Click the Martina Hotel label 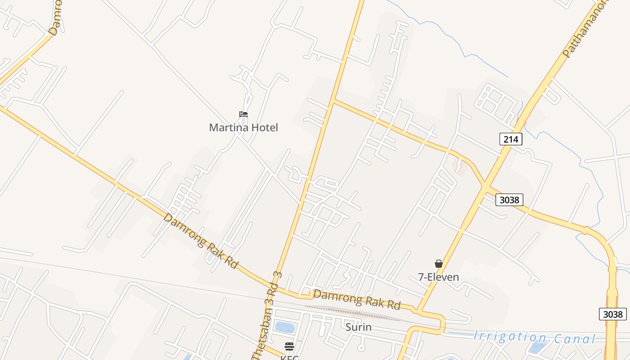tap(243, 127)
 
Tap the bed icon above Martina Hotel tap(243, 114)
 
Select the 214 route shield tap(511, 139)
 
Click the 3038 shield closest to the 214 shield tap(509, 200)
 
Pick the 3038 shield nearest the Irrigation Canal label tap(612, 314)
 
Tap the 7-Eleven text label tap(438, 277)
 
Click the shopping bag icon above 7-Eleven tap(439, 264)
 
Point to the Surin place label tap(358, 327)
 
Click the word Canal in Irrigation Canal tap(574, 339)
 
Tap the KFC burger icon tap(289, 346)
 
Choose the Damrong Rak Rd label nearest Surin tap(357, 299)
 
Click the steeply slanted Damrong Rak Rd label tap(200, 240)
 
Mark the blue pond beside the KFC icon tap(284, 327)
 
